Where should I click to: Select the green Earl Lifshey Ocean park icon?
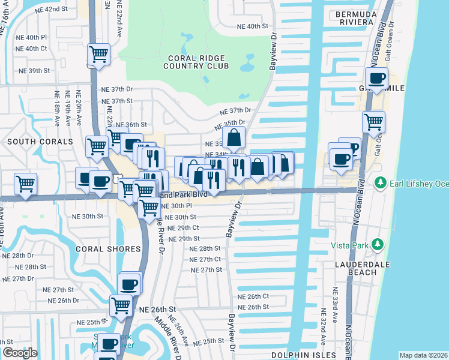379,182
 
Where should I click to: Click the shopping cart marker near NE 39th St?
98,55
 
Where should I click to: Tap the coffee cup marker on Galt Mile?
377,79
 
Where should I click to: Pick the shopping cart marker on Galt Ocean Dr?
373,122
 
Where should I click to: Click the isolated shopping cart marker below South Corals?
25,184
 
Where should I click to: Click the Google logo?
20,352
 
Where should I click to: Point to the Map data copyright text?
423,355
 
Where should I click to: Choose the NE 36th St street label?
131,124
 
